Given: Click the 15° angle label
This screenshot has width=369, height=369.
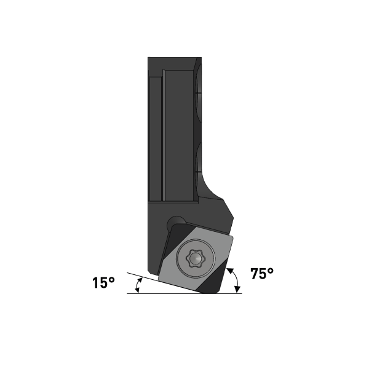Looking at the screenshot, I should tap(104, 283).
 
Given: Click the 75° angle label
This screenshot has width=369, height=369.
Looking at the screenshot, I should tap(262, 274).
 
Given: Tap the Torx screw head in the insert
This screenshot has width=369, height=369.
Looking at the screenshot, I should tap(194, 260).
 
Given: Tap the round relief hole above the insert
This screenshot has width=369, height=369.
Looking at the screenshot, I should tap(178, 221).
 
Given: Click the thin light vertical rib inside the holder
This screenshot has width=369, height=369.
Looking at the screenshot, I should tap(164, 135).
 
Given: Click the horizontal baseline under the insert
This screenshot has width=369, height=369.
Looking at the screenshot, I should tap(184, 293).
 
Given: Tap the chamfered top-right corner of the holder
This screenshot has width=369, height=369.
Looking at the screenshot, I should tap(198, 61).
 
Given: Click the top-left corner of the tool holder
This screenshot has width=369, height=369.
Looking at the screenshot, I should tap(149, 58).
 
